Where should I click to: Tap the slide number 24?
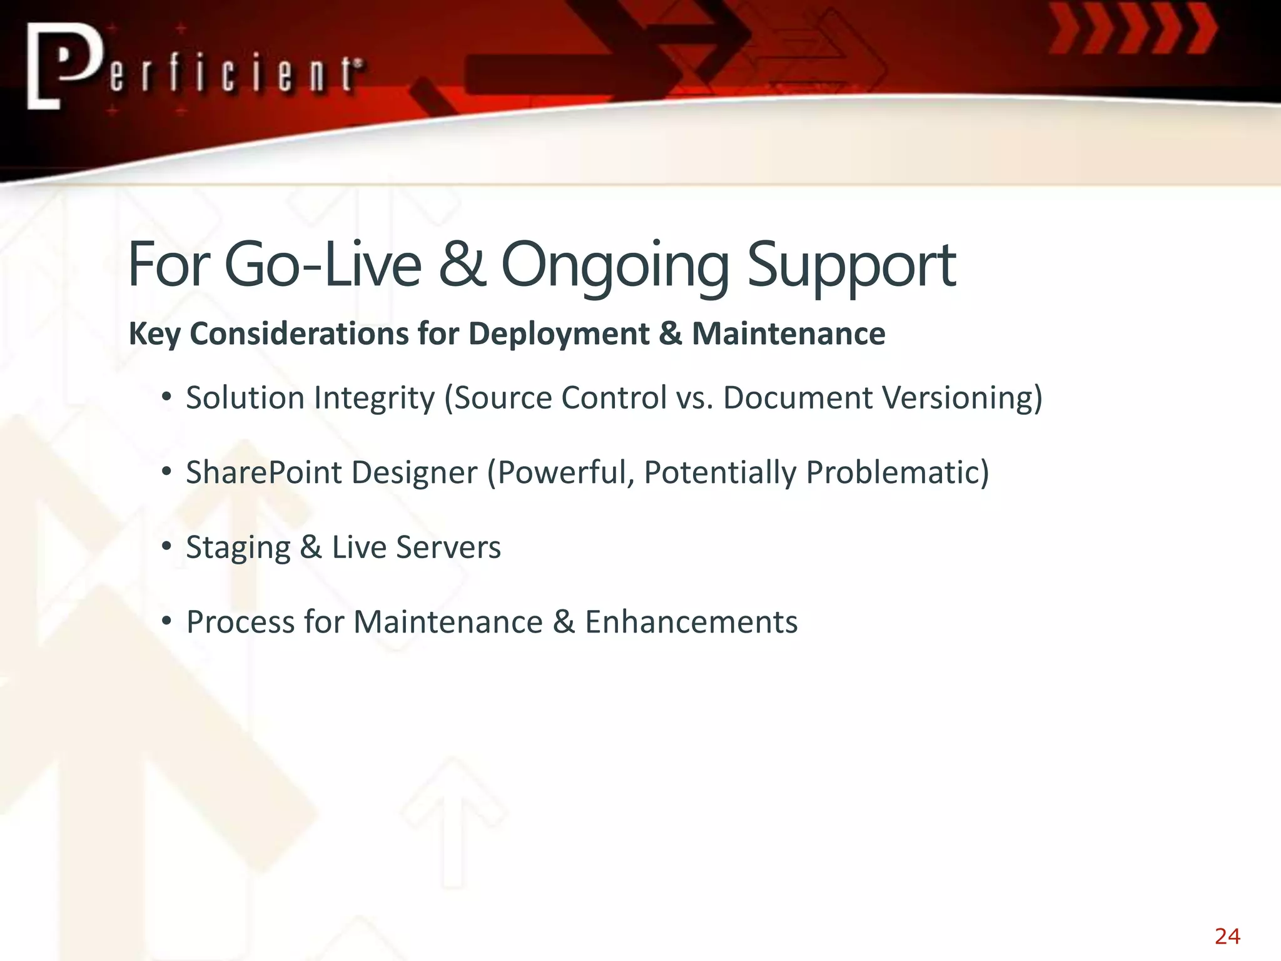[1227, 937]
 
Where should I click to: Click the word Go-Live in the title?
[322, 265]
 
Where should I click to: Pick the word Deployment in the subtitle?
[559, 334]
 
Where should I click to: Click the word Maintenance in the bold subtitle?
[788, 333]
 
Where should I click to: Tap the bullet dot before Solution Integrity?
[166, 397]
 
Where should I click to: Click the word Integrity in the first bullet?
[374, 399]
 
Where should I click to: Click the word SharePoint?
[263, 473]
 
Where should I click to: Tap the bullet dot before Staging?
[166, 547]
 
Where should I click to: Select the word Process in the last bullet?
[240, 623]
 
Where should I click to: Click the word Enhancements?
[691, 623]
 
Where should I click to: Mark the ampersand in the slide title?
[462, 265]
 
